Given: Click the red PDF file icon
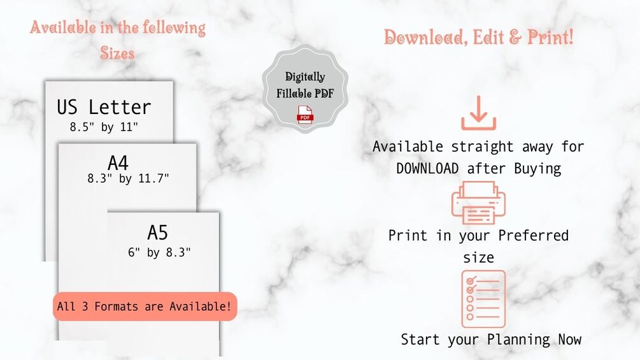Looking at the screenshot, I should tap(305, 115).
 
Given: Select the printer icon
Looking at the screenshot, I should tap(478, 202).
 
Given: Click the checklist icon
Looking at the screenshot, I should tap(483, 299).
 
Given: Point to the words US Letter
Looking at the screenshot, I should tap(104, 106).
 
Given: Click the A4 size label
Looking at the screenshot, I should tap(118, 163).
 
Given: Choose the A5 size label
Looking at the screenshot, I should tap(157, 233).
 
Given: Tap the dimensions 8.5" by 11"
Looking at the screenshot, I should tap(104, 127).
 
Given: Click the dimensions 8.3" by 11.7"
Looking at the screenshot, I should tap(128, 179).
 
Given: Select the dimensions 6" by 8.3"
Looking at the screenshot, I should tap(159, 252).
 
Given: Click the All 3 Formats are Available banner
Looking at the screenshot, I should tap(145, 306).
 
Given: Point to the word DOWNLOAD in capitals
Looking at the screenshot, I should tap(427, 168).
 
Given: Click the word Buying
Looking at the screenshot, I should tap(538, 168).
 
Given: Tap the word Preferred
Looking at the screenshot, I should tap(533, 235).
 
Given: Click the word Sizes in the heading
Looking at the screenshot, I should tap(117, 53).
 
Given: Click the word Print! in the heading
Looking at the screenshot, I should tap(550, 37).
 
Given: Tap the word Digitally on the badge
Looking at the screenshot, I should tap(305, 77).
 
